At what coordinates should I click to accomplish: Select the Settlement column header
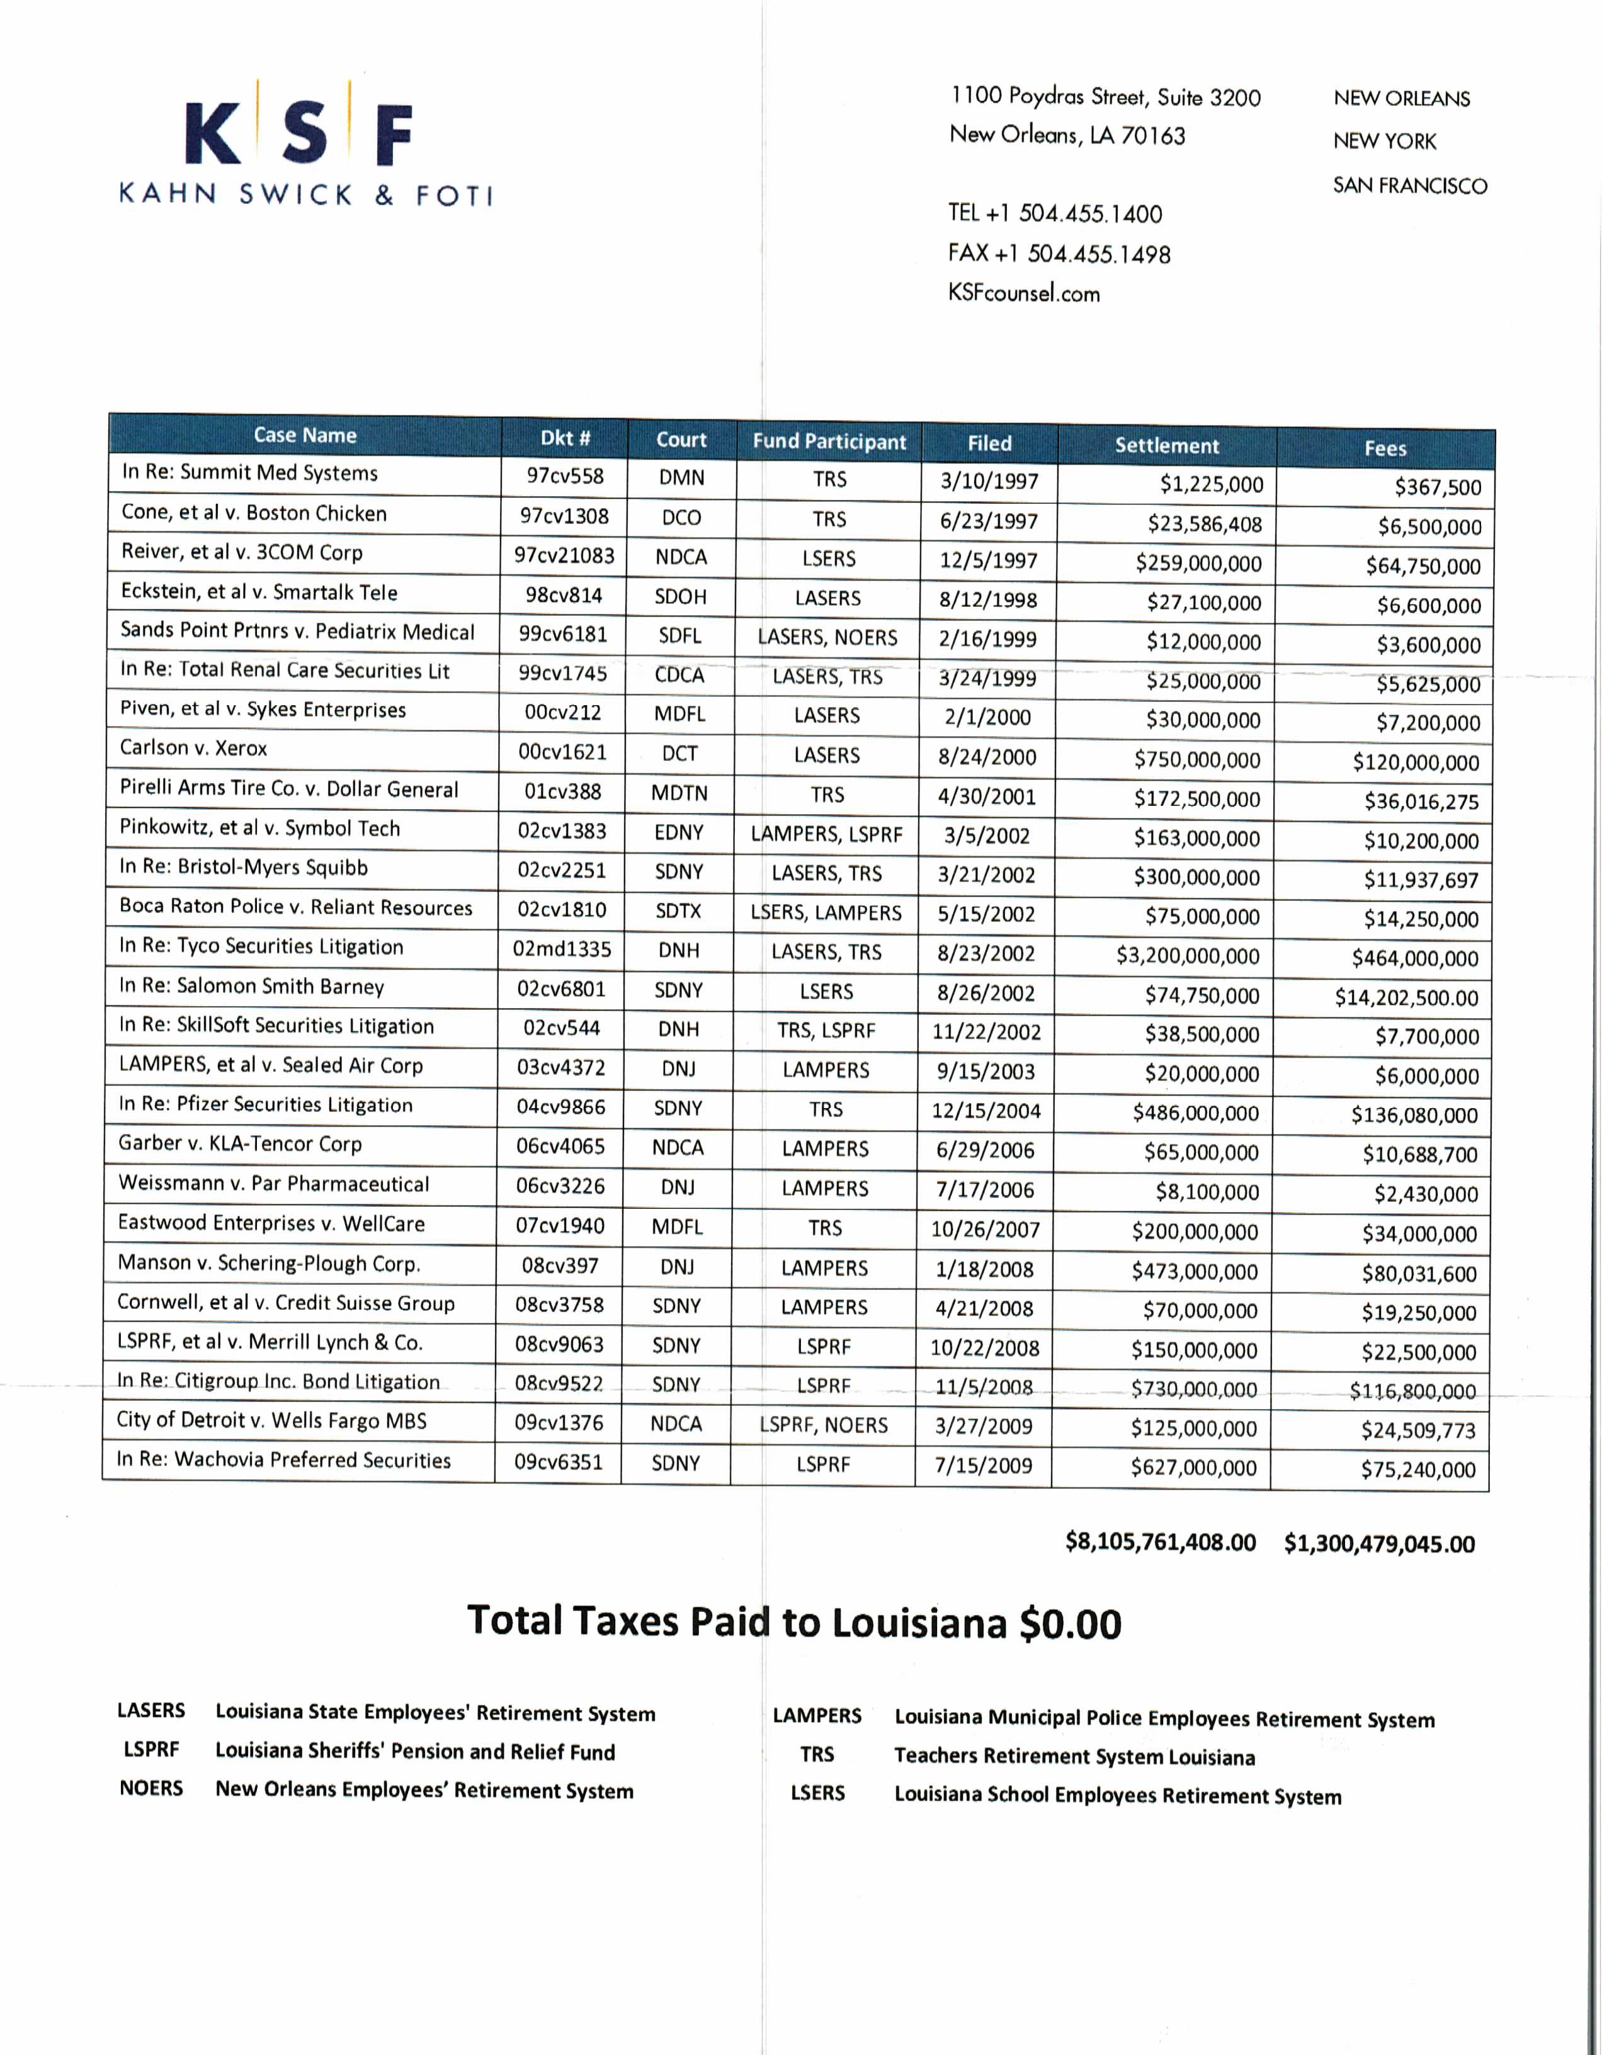1166,445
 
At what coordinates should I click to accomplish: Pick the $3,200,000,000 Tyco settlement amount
1187,956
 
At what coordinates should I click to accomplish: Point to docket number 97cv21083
564,555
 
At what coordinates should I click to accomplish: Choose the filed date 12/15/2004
986,1111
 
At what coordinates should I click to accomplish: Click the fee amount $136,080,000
1414,1115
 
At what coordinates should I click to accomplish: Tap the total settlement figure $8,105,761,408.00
1159,1541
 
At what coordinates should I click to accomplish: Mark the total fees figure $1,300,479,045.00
1379,1543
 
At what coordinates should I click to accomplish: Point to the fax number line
1059,254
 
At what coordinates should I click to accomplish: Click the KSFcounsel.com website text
1023,293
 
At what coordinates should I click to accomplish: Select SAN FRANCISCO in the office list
1409,185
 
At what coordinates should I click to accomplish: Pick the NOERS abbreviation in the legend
151,1788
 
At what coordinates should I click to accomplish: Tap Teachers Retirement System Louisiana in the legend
1074,1756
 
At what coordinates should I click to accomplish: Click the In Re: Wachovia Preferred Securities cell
283,1459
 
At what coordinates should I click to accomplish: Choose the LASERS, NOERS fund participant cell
827,637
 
